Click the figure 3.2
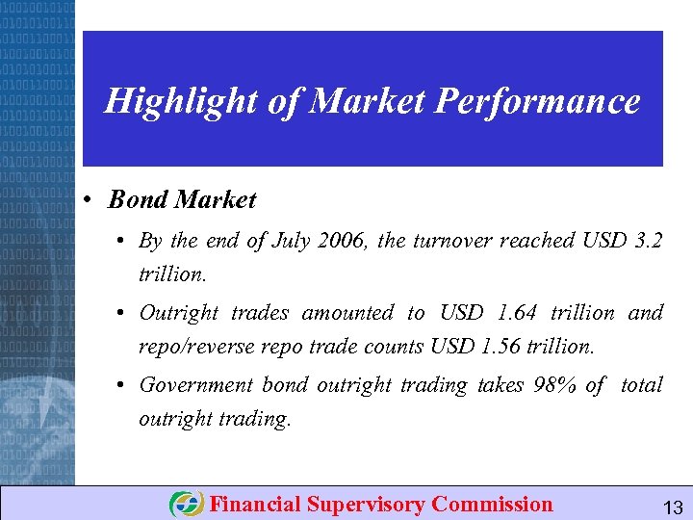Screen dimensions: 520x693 point(644,241)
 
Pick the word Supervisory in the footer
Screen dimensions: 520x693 point(367,505)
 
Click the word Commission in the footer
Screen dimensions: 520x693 point(493,505)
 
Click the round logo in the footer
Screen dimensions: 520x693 point(186,505)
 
